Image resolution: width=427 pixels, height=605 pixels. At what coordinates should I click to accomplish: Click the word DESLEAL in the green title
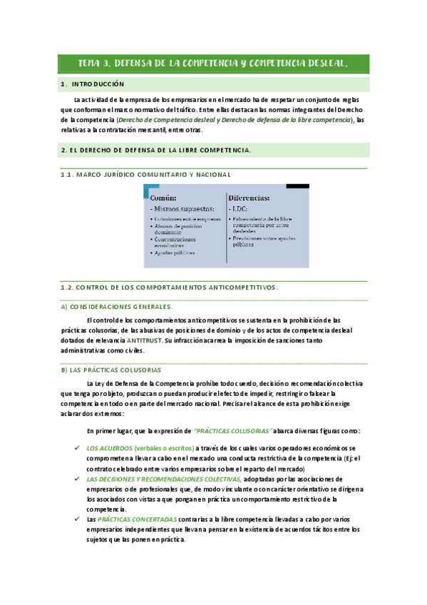pos(323,63)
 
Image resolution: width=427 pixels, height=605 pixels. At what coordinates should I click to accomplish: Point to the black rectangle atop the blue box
pos(297,186)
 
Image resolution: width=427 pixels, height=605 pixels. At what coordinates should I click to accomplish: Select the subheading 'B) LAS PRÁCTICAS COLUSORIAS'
pos(111,370)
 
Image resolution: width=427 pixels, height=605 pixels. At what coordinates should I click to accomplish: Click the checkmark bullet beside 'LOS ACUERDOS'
pos(77,447)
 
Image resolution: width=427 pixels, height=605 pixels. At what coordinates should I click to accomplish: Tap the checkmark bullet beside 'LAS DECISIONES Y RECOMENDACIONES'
pos(77,479)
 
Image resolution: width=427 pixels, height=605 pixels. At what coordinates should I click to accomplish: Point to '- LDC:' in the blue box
pos(240,208)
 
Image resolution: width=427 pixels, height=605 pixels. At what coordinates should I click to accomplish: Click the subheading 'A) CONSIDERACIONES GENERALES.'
pos(117,306)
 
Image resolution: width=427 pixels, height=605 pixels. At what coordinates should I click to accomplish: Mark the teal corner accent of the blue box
pos(147,189)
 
